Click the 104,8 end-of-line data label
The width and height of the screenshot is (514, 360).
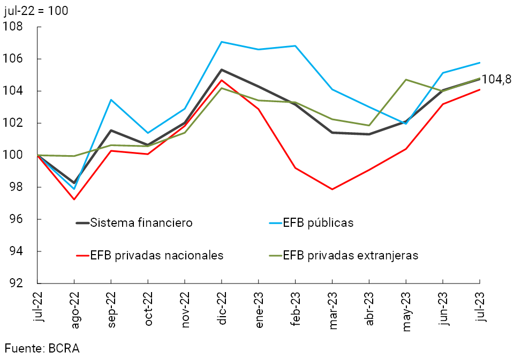(496, 79)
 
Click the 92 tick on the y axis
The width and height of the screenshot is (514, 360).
(17, 284)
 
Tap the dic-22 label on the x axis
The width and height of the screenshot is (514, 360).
(222, 306)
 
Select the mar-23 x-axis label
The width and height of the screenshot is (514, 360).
(333, 307)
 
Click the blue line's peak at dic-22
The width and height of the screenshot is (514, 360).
(222, 42)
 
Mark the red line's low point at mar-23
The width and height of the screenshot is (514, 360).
(332, 189)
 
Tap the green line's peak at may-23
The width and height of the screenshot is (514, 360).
(406, 80)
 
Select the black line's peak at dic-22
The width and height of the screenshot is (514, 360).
(222, 70)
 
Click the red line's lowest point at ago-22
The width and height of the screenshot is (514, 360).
(74, 200)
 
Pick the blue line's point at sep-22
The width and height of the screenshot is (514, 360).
(111, 99)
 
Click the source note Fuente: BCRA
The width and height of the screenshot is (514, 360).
(42, 348)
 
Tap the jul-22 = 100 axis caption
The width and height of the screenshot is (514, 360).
(36, 10)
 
